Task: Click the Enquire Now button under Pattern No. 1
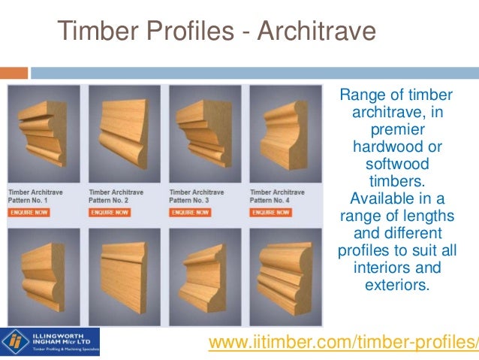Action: (29, 213)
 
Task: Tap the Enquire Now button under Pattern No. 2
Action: (109, 213)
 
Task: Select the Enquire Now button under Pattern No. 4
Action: (270, 213)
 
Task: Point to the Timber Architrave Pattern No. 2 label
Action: (116, 197)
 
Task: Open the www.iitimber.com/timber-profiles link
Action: (342, 343)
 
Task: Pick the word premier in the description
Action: (396, 129)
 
